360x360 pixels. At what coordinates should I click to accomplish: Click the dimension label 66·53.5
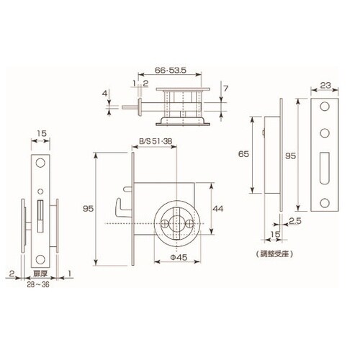click(x=171, y=71)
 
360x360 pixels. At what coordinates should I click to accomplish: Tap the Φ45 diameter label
click(x=179, y=258)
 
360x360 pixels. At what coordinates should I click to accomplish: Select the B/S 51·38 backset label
click(x=156, y=141)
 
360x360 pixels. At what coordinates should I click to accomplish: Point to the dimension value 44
click(x=218, y=209)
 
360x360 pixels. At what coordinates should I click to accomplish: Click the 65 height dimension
click(x=243, y=154)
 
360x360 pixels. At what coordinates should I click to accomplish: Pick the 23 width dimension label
click(x=325, y=86)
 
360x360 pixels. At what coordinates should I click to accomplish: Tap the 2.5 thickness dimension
click(x=295, y=221)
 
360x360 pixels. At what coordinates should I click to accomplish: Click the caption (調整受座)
click(x=274, y=254)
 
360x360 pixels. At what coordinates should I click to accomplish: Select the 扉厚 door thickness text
click(x=40, y=274)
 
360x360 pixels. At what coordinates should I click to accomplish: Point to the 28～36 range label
click(x=38, y=284)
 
